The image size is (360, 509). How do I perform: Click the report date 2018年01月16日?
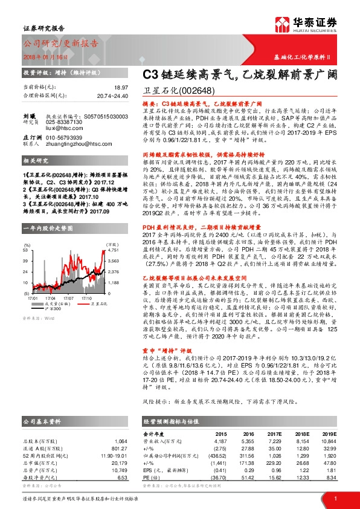(x=46, y=56)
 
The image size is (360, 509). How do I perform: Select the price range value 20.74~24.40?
(x=112, y=96)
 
